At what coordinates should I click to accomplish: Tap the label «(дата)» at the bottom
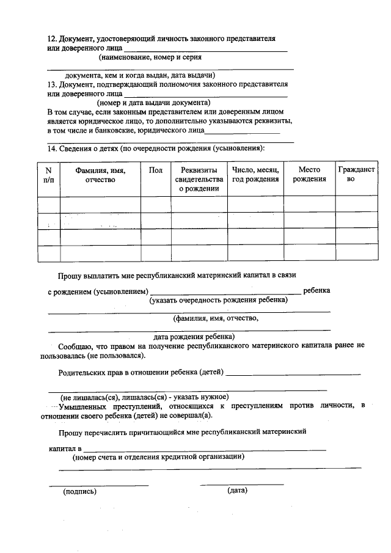tap(237, 490)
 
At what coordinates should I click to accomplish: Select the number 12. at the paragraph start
tap(53, 38)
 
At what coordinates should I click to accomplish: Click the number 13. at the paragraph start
tap(53, 84)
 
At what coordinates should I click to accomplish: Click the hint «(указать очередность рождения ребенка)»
tap(218, 300)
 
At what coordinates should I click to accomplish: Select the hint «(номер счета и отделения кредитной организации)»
tap(159, 456)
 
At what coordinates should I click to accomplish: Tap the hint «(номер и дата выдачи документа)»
tap(153, 103)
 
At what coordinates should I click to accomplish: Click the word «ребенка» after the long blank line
tap(316, 291)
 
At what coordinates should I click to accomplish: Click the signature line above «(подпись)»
tap(98, 485)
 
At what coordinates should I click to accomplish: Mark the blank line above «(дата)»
tap(242, 485)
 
